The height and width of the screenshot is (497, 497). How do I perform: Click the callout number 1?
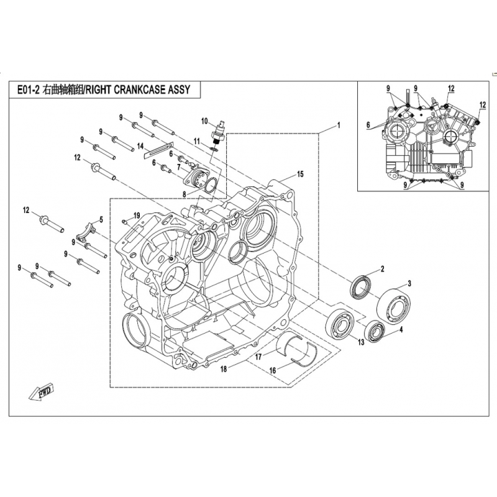tap(339, 125)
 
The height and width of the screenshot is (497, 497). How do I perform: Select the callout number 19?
tap(137, 215)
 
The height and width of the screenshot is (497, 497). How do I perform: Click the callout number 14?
tap(140, 146)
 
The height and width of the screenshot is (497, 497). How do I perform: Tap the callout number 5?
tap(100, 219)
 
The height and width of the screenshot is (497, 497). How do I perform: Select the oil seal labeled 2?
tap(361, 288)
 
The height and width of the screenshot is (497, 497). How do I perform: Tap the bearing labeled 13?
tap(340, 323)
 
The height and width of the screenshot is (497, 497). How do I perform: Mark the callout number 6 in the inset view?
tap(368, 125)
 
